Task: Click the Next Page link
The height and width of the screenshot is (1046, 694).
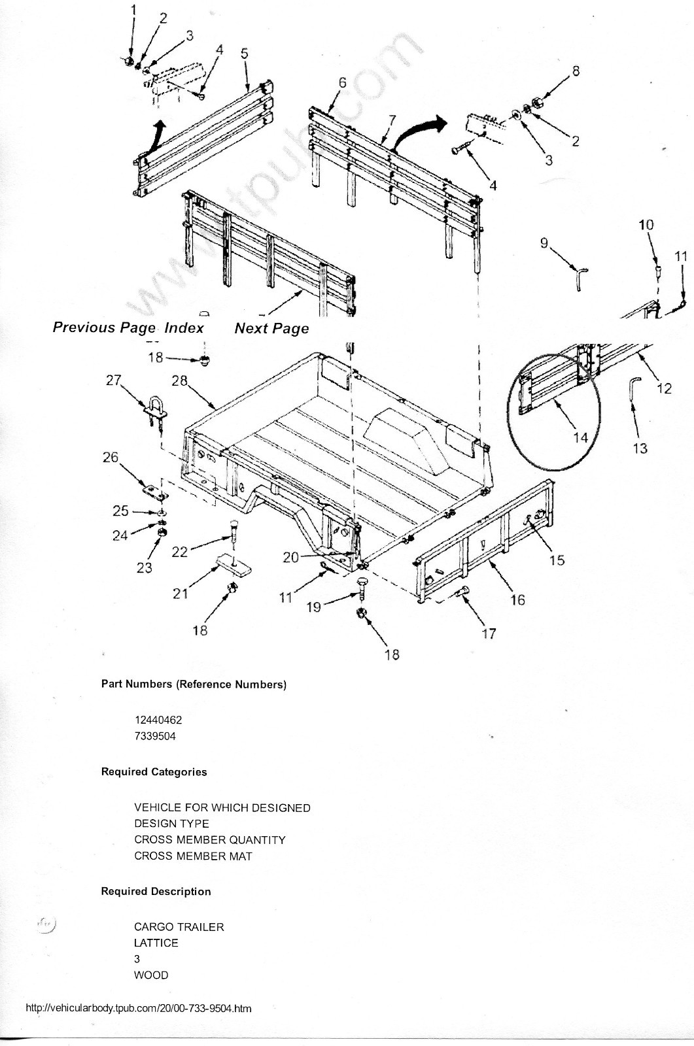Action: [x=271, y=328]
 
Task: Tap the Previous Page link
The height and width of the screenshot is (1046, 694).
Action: [x=104, y=328]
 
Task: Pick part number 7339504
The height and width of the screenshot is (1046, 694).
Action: [x=155, y=736]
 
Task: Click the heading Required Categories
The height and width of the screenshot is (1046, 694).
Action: [x=154, y=772]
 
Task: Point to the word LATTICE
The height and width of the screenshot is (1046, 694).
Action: [x=156, y=943]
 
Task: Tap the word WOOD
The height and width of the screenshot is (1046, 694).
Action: [x=151, y=975]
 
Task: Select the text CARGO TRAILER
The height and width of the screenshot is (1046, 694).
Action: [x=179, y=927]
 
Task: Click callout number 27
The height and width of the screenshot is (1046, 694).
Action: [x=114, y=380]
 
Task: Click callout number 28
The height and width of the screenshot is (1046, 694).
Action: [x=179, y=380]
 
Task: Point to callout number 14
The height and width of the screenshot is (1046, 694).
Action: [x=580, y=437]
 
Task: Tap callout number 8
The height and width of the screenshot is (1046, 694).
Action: [x=576, y=71]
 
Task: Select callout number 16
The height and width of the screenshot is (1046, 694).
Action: [x=517, y=599]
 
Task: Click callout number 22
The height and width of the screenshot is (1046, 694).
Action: [x=179, y=552]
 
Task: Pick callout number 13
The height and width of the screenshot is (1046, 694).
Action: [x=640, y=448]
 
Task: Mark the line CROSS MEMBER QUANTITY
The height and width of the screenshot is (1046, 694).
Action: [x=209, y=839]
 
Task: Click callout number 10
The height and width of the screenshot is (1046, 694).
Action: [x=646, y=225]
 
